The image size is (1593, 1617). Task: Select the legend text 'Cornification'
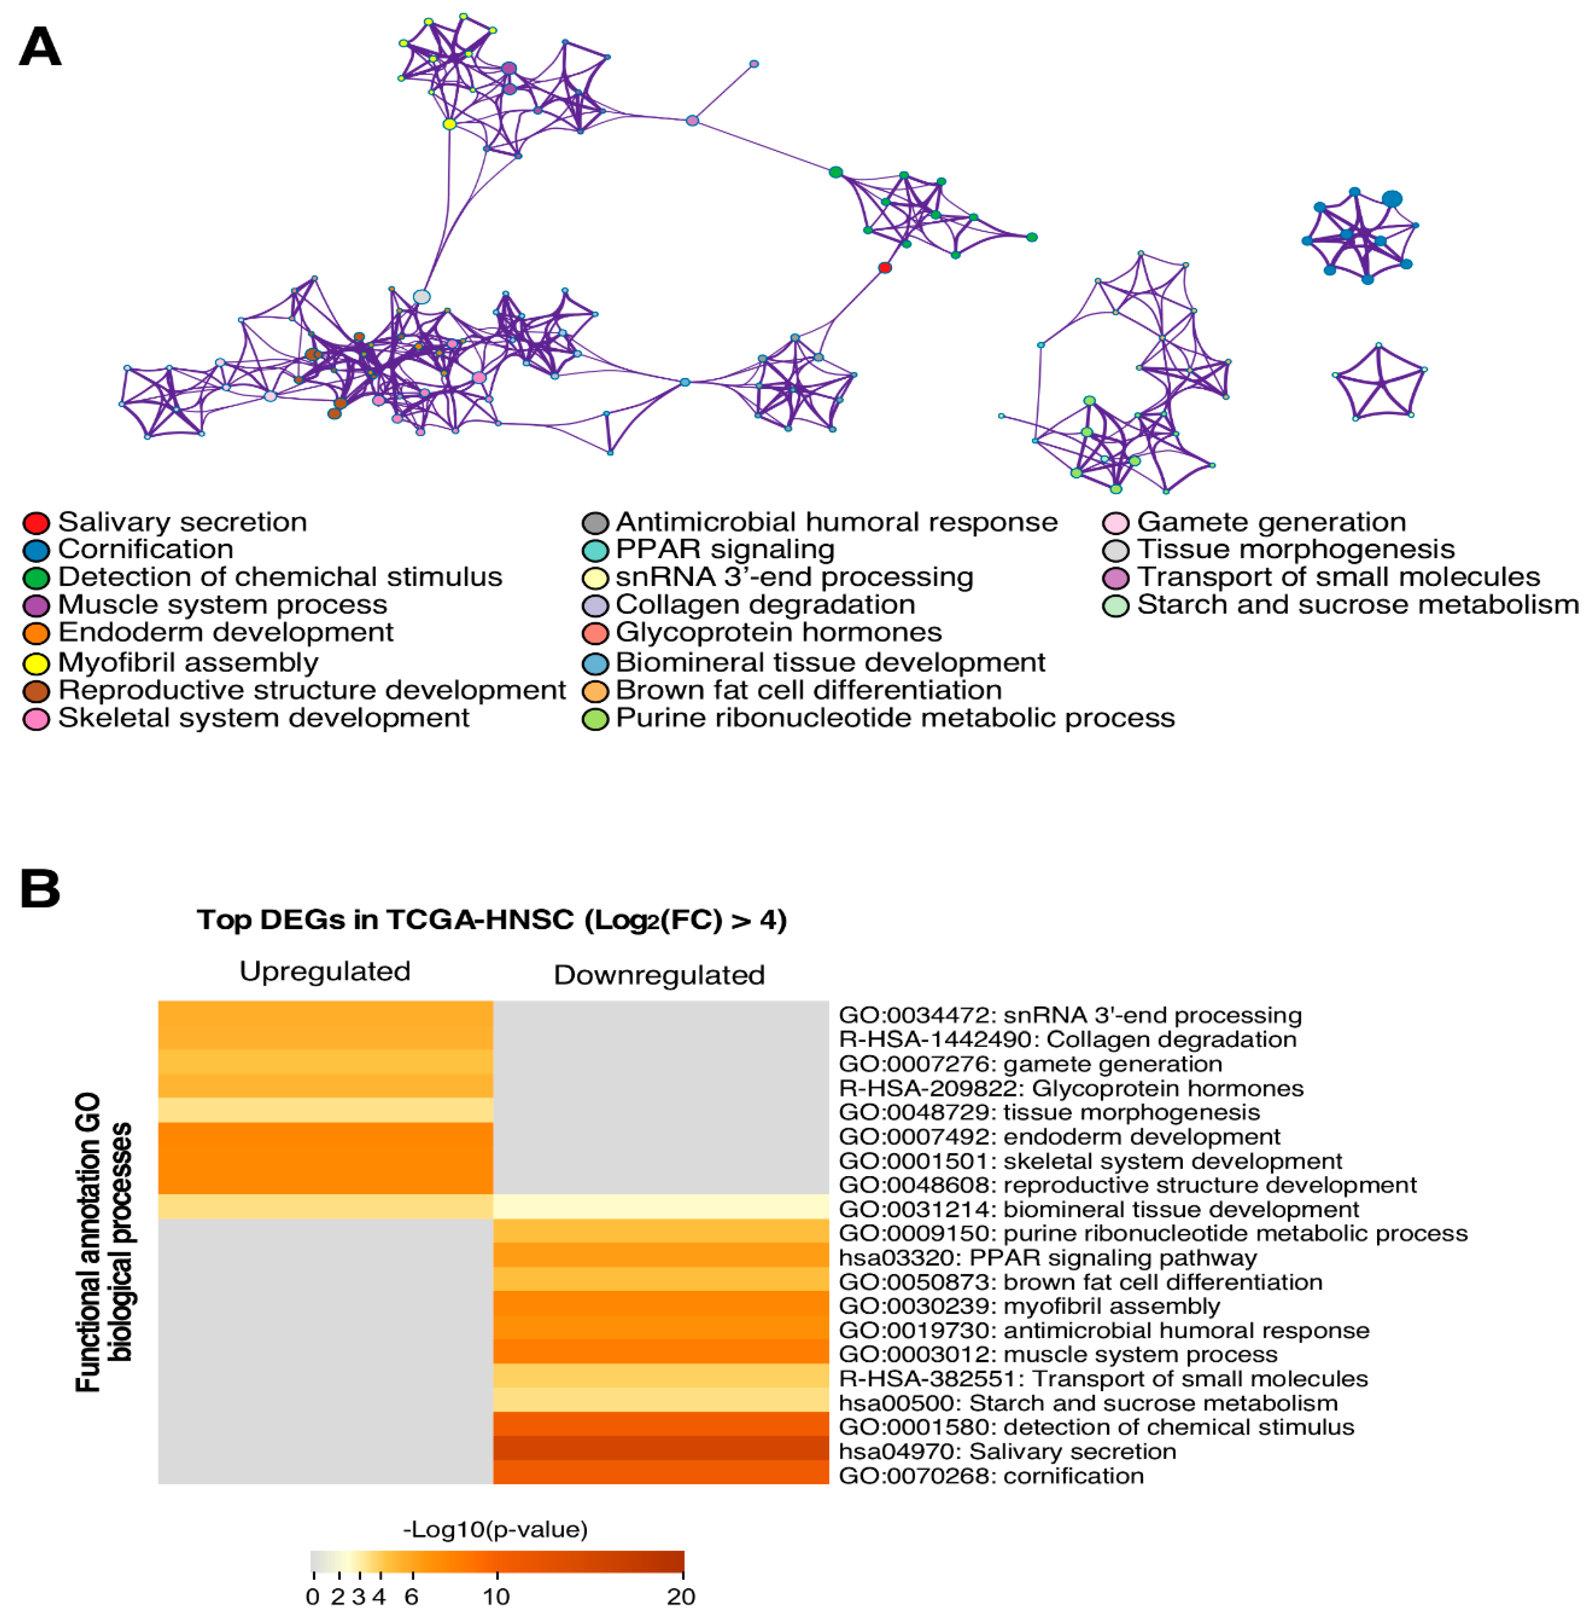point(146,550)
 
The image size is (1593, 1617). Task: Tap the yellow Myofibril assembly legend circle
point(36,664)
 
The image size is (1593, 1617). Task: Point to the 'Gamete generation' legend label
point(1271,522)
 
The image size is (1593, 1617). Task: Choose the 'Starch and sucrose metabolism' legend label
point(1357,605)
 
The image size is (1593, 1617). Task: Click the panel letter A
point(40,47)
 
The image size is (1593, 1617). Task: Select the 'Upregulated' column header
point(325,972)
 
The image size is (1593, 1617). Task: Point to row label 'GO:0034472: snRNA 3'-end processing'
point(1070,1016)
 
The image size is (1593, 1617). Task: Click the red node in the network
point(885,268)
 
